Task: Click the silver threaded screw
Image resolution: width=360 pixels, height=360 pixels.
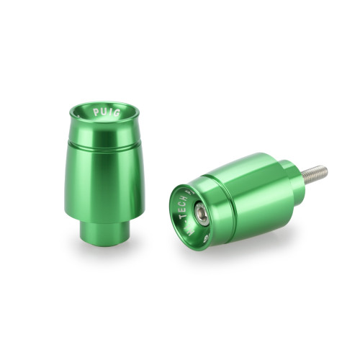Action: point(313,174)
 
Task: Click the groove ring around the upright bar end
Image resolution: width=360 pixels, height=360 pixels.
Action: point(105,143)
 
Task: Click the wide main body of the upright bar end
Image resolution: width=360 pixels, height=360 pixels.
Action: point(105,180)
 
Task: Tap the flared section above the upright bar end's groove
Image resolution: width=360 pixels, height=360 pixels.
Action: point(105,130)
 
